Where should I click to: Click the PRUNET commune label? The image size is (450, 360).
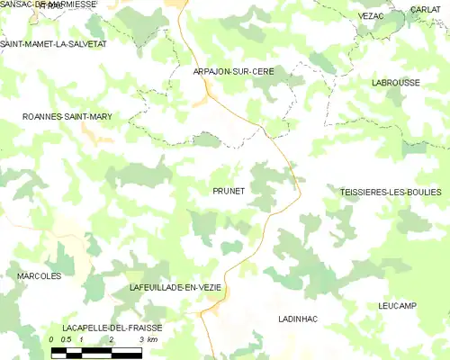229,191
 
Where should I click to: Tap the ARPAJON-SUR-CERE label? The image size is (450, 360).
233,70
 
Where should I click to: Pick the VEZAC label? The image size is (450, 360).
371,16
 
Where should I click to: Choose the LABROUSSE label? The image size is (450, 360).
395,82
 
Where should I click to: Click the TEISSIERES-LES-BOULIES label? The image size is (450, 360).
391,192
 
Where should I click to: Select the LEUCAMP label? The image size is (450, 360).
398,306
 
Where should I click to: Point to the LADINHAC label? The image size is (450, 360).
298,319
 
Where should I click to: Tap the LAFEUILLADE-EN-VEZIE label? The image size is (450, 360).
175,286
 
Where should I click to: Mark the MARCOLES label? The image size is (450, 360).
39,275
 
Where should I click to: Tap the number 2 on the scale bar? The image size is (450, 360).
111,340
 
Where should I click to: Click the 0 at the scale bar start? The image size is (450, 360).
52,340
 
